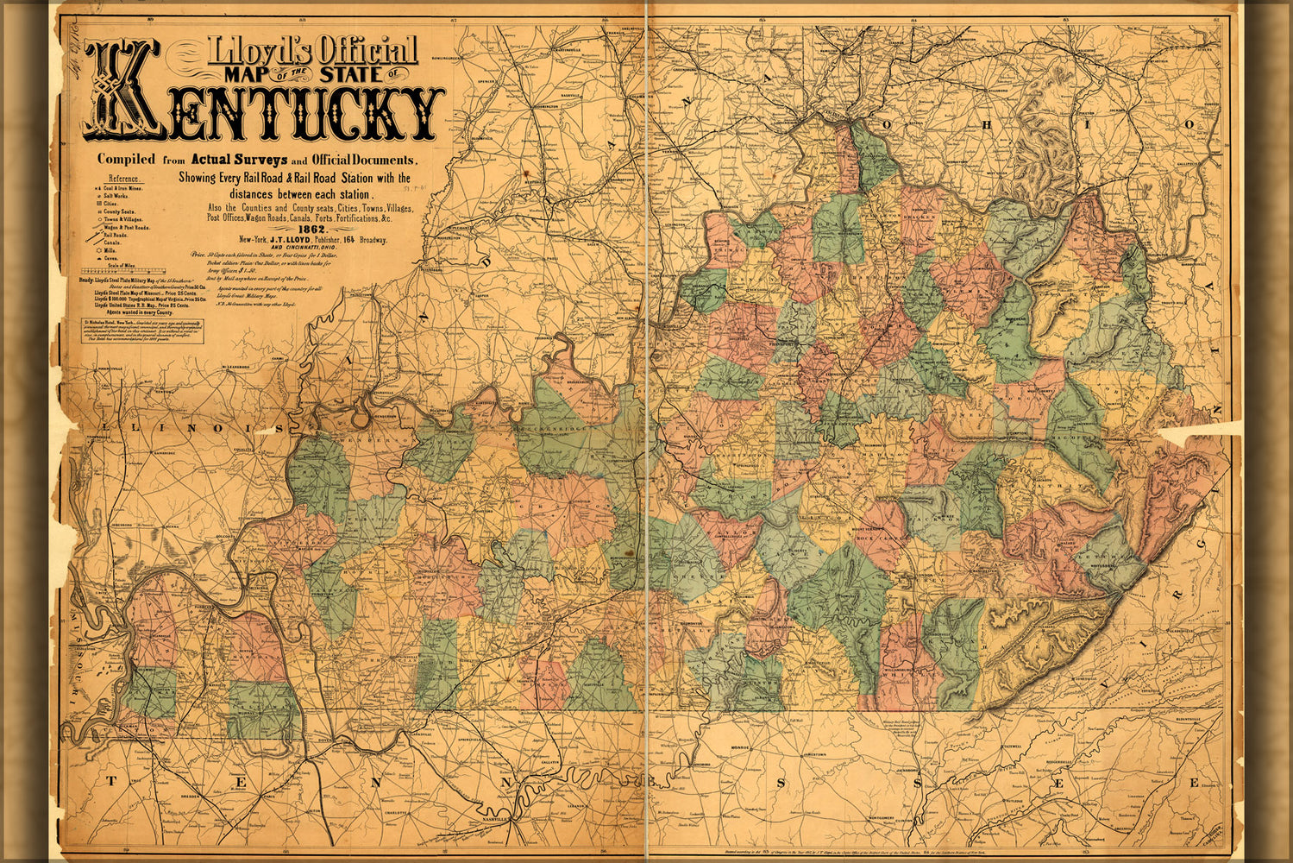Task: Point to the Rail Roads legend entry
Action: coord(116,235)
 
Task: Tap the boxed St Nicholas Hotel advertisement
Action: coord(143,331)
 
